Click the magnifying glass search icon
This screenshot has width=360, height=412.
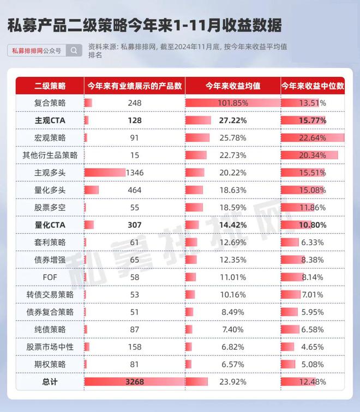click(74, 50)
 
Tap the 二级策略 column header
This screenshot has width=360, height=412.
click(50, 86)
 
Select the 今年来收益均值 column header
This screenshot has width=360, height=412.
click(233, 86)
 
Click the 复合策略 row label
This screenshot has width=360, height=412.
click(50, 103)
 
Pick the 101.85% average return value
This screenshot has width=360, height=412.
click(233, 103)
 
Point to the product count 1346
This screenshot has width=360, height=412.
click(135, 173)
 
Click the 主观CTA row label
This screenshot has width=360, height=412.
click(50, 120)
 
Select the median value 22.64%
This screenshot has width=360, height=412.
click(313, 138)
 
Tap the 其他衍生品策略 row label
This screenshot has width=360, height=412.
click(50, 155)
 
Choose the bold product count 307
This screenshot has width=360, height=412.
click(135, 225)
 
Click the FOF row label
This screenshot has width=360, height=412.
click(50, 277)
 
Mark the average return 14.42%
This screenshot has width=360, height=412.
click(233, 225)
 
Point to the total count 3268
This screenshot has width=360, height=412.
click(135, 382)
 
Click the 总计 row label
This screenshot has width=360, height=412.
click(50, 382)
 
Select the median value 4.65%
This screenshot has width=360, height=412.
click(313, 347)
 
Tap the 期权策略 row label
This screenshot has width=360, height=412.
click(50, 365)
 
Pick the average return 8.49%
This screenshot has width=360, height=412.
click(233, 312)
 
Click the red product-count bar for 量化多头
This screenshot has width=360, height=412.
click(92, 190)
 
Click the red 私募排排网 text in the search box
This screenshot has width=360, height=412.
click(27, 51)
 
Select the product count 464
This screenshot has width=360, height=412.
click(135, 190)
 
